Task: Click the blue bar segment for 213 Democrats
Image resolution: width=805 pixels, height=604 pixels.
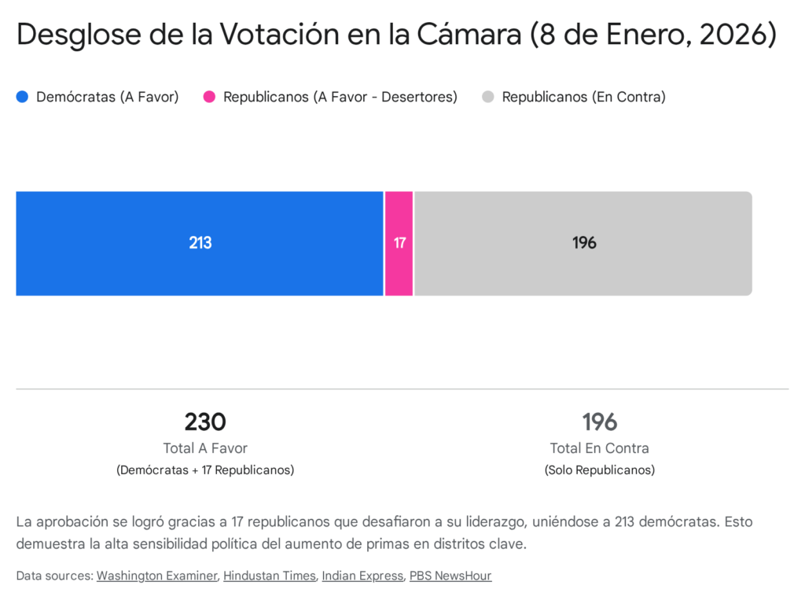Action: [x=200, y=243]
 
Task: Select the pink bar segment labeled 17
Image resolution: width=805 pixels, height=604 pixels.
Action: [x=399, y=243]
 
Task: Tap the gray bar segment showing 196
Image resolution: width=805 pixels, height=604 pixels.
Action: [x=583, y=243]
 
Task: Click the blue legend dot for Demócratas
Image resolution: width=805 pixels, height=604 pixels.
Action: [x=22, y=97]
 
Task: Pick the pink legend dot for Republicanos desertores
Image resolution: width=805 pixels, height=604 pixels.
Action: [x=209, y=97]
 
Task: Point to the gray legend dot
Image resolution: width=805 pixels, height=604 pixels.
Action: [x=488, y=97]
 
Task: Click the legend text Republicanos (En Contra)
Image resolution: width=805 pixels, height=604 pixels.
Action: [x=583, y=97]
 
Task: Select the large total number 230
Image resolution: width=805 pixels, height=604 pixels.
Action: [x=205, y=422]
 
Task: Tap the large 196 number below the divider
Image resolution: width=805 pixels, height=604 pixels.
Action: [x=599, y=422]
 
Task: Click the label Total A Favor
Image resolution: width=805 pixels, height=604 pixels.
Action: [x=205, y=448]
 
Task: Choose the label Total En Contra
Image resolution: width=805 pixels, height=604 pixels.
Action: [x=599, y=448]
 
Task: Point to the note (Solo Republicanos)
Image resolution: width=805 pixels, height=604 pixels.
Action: [x=599, y=470]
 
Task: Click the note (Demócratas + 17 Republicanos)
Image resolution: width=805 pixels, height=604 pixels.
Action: [x=205, y=470]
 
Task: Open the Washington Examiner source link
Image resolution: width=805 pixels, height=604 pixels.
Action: [x=156, y=576]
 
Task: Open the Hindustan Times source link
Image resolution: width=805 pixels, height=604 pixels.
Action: [x=269, y=576]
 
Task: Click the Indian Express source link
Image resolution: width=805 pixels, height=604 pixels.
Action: [x=362, y=576]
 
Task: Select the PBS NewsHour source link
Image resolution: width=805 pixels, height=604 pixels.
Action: [x=450, y=576]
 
